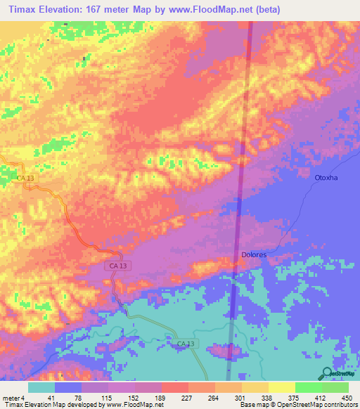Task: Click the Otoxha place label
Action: (326, 178)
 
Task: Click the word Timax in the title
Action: (20, 10)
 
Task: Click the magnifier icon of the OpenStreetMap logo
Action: (326, 373)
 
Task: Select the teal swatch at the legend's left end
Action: (41, 387)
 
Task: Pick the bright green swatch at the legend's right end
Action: (335, 387)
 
